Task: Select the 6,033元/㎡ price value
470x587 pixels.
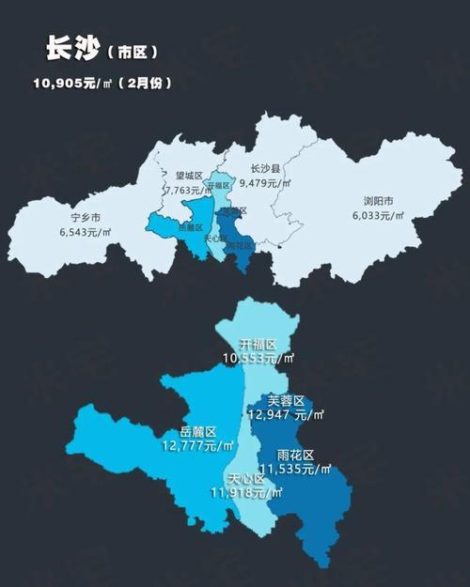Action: [379, 215]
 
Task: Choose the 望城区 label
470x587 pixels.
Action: [190, 176]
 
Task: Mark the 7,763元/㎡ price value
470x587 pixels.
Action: [188, 190]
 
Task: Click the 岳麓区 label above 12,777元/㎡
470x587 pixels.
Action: [198, 432]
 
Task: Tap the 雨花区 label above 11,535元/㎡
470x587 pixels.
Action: [296, 455]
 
